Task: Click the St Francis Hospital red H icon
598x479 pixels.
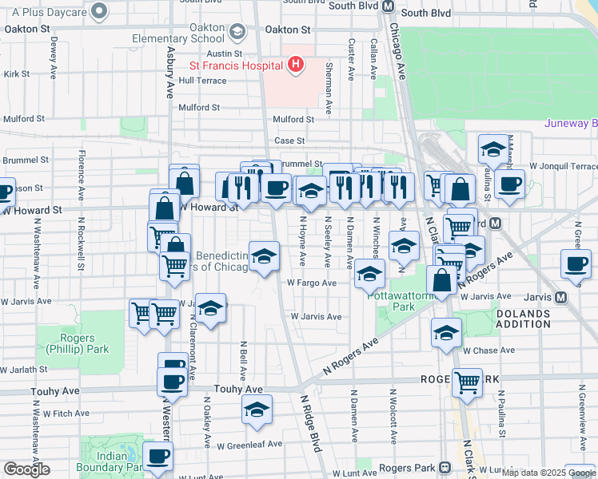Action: (296, 64)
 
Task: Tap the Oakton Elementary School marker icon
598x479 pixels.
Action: (237, 31)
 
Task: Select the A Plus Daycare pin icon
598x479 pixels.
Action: (99, 10)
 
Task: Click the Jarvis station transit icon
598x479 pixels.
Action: (560, 297)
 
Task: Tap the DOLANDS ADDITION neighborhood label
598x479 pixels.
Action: (523, 319)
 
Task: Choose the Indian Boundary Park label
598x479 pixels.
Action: (112, 461)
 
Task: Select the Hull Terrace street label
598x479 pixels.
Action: (203, 81)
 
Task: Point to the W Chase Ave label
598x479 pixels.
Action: (478, 350)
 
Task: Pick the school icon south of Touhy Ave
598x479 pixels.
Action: (257, 410)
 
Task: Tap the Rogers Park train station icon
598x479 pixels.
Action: (445, 466)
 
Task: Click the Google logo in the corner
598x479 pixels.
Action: (26, 469)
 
